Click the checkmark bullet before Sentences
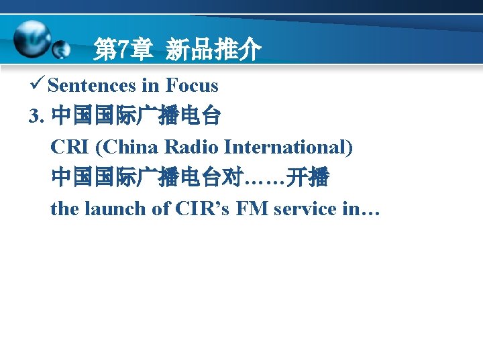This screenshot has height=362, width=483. [38, 85]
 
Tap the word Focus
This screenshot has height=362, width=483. [192, 86]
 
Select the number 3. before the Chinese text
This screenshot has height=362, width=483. [36, 117]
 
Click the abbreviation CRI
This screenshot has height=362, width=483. [68, 147]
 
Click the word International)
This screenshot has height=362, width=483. [289, 147]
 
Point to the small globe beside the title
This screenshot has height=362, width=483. [61, 49]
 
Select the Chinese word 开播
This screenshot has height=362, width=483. [307, 178]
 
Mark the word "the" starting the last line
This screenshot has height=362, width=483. [64, 208]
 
